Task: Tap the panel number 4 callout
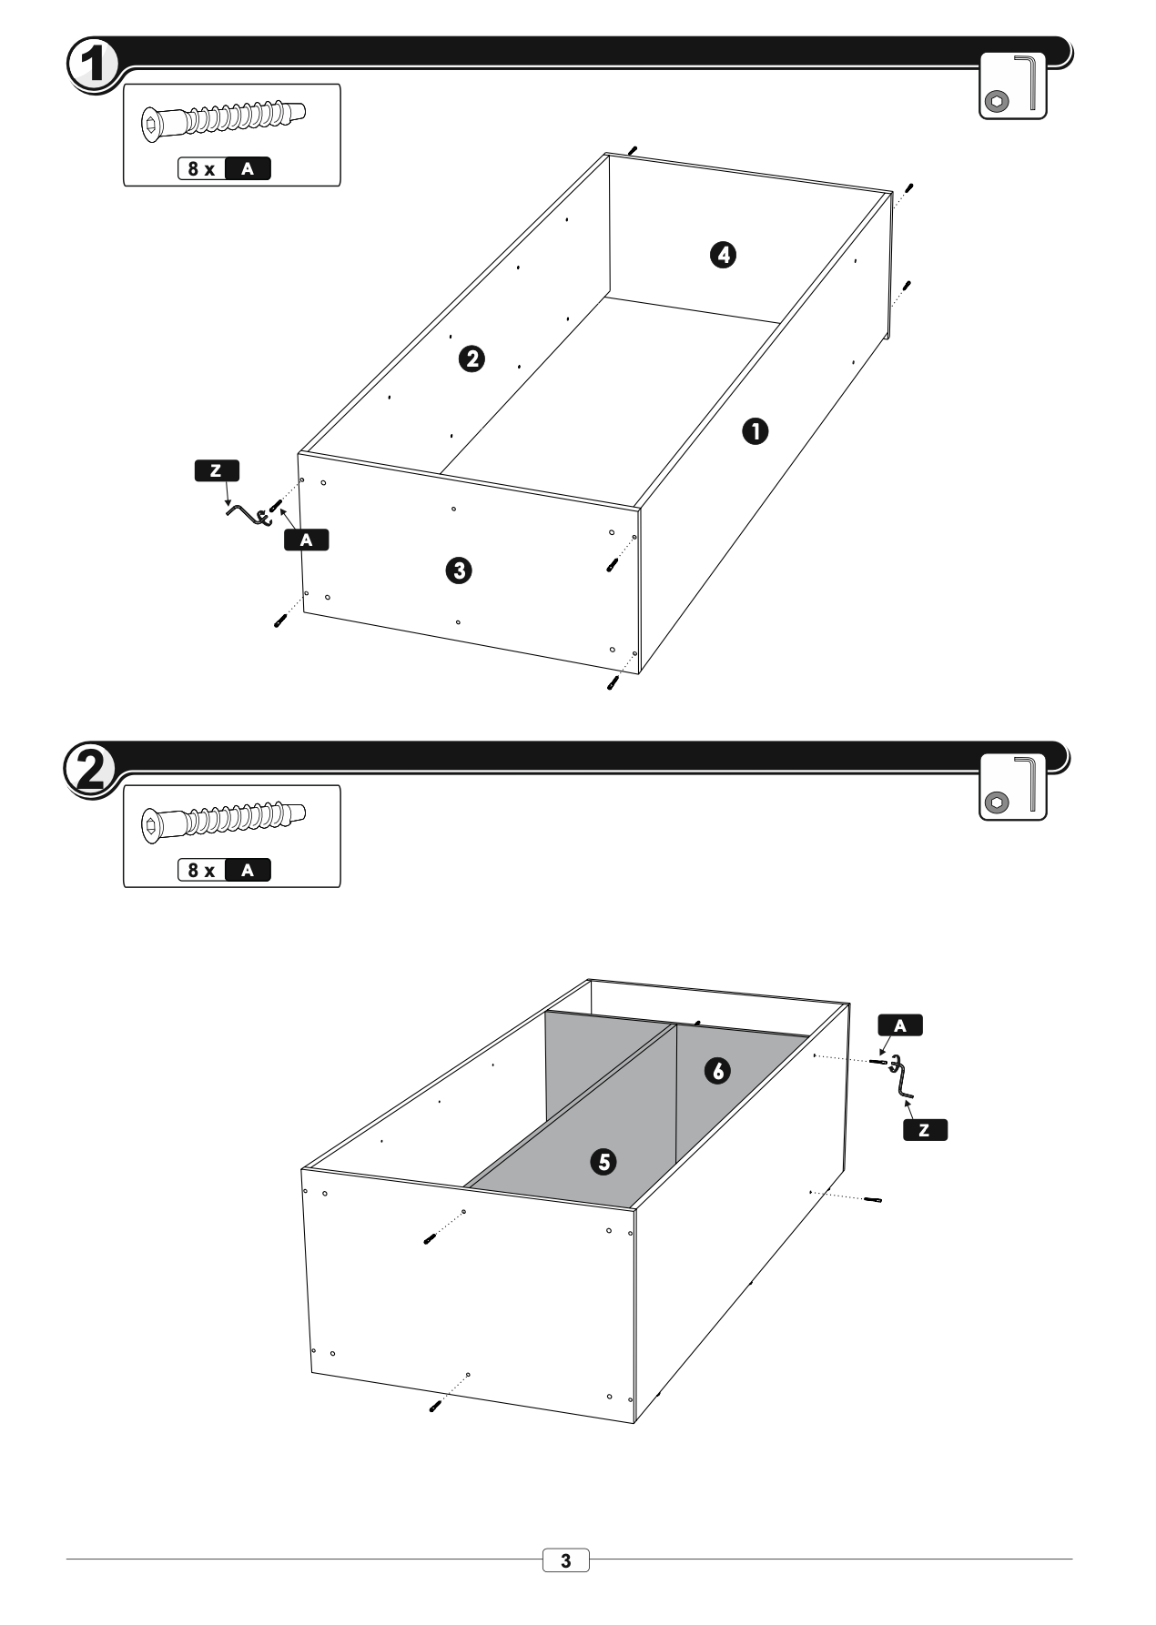[723, 255]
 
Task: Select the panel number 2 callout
[471, 358]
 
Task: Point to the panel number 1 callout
[755, 430]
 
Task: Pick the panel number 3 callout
[458, 570]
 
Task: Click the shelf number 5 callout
[603, 1161]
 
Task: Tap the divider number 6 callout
[718, 1071]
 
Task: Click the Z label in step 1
[217, 470]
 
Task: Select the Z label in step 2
[925, 1130]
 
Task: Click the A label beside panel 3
[306, 540]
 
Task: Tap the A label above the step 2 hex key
[900, 1025]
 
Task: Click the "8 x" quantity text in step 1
[201, 168]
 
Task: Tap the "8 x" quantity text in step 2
[201, 870]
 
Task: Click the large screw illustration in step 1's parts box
[224, 119]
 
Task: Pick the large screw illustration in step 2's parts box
[224, 821]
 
